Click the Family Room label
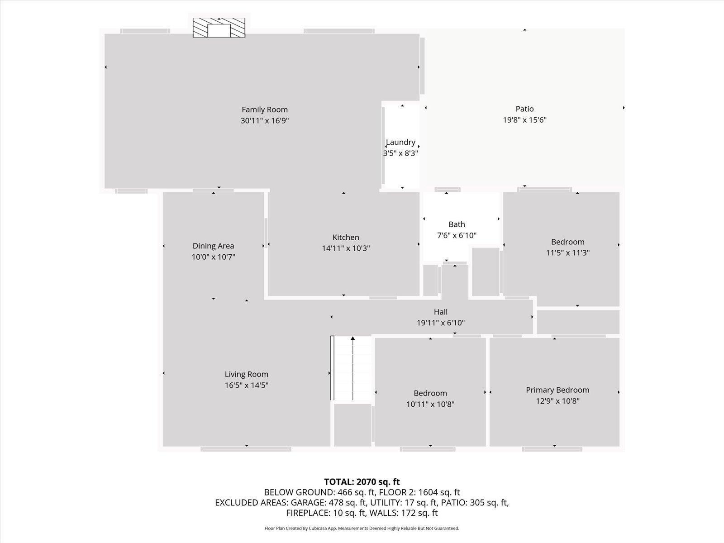click(x=265, y=110)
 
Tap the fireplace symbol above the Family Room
click(x=219, y=28)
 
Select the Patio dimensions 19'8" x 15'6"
click(x=524, y=119)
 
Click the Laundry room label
click(x=400, y=142)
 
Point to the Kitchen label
click(x=346, y=238)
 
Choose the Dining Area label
click(x=214, y=246)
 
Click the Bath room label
click(x=457, y=224)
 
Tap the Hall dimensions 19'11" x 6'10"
click(x=441, y=323)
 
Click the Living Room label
click(x=247, y=374)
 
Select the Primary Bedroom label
click(x=557, y=390)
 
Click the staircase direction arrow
click(x=352, y=368)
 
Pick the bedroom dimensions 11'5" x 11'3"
click(x=567, y=253)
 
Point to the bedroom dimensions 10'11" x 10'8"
click(x=430, y=404)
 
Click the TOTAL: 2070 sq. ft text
click(x=362, y=482)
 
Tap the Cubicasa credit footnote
click(x=362, y=529)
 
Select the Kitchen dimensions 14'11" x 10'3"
click(x=346, y=248)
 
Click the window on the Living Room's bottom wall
click(x=246, y=449)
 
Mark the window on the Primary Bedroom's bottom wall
click(x=552, y=449)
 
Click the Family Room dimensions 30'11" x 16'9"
click(x=265, y=121)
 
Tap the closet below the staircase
click(x=352, y=425)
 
